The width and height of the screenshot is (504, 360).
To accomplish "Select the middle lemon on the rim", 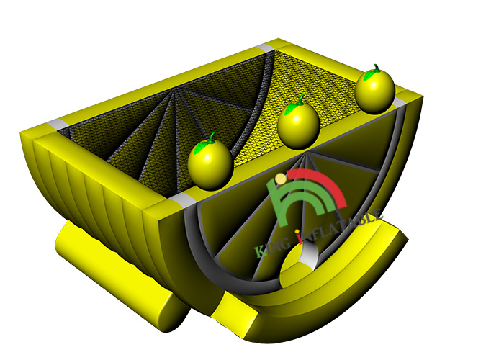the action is [x=299, y=124].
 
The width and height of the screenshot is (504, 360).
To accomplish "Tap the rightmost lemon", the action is [x=375, y=90].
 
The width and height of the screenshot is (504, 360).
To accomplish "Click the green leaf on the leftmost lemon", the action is [x=202, y=147].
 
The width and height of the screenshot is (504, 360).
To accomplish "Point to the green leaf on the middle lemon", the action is [x=291, y=109].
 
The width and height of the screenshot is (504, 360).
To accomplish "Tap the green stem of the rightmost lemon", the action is [x=376, y=68].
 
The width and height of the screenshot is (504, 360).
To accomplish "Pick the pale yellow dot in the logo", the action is [x=282, y=179].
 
